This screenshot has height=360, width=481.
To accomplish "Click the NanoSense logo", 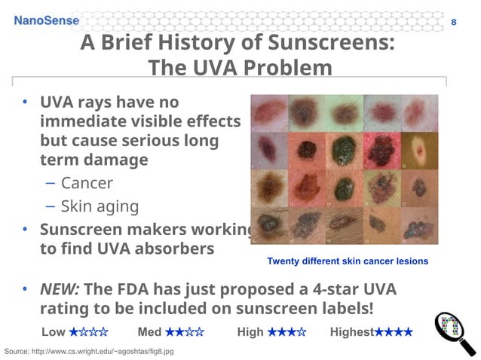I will click(46, 20).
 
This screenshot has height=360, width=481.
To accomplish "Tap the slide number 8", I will click(453, 21).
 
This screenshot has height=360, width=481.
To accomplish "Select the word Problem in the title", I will click(285, 69).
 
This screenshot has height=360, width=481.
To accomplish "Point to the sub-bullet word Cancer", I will click(87, 183).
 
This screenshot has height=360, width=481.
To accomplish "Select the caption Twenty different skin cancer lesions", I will click(348, 261).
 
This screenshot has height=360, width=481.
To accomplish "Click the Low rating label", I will click(54, 332).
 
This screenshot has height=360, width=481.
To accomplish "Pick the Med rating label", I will click(150, 332).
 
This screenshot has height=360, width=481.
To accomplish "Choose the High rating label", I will click(250, 332).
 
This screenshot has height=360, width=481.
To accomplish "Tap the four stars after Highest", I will click(394, 332).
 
